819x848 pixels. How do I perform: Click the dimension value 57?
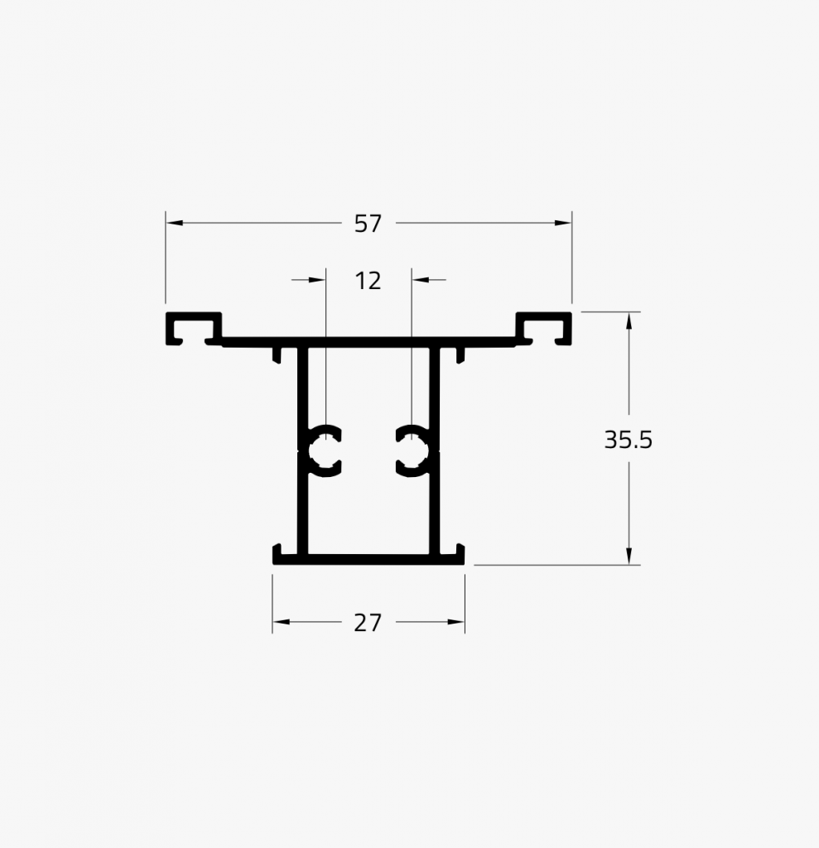click(x=368, y=224)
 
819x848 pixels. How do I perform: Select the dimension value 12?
click(x=368, y=282)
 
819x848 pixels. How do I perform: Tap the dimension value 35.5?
click(x=628, y=440)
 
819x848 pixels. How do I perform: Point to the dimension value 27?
click(x=368, y=623)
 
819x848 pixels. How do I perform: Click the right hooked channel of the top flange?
click(x=544, y=328)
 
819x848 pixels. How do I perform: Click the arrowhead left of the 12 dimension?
click(x=318, y=280)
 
